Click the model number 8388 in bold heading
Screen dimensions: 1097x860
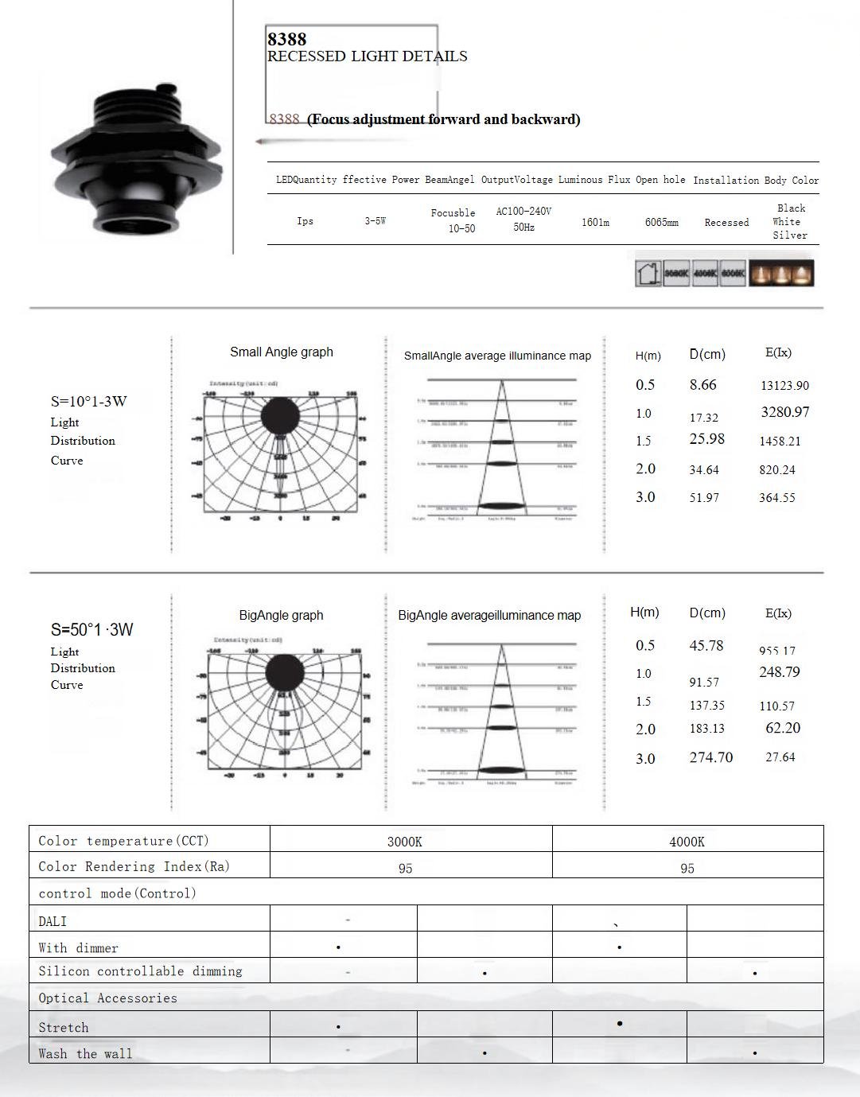[286, 39]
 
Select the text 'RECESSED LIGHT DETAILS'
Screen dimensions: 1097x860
[367, 56]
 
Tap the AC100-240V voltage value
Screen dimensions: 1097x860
[523, 212]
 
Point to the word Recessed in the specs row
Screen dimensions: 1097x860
[726, 223]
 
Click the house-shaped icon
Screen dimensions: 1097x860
[648, 274]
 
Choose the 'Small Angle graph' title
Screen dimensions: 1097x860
[282, 352]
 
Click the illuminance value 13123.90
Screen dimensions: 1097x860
[784, 386]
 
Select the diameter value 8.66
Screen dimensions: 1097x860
[702, 385]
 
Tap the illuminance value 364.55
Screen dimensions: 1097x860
[776, 498]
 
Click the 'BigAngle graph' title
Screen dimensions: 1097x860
[281, 615]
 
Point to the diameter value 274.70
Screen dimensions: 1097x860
[710, 757]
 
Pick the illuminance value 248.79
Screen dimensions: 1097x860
[779, 672]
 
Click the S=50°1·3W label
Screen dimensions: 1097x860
[92, 629]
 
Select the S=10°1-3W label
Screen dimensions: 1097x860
[89, 401]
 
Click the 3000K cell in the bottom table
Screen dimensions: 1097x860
[404, 842]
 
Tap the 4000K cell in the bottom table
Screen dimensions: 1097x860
[687, 842]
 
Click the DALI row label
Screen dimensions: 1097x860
[53, 921]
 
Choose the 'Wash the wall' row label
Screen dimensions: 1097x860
[85, 1053]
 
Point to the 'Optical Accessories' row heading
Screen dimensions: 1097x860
[107, 998]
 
